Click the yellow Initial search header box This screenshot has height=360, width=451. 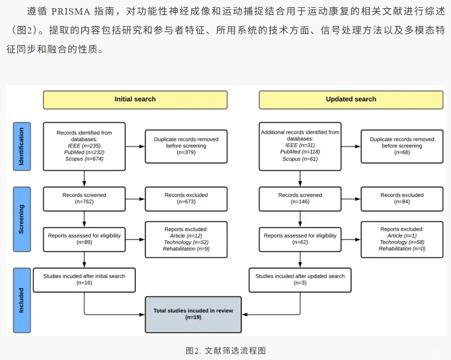[x=135, y=99]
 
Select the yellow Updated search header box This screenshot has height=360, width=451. [x=351, y=99]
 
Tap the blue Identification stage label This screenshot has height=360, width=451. [x=22, y=146]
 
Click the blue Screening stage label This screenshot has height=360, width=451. [x=22, y=219]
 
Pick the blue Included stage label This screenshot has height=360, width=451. [x=22, y=300]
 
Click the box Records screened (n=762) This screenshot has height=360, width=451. [x=84, y=198]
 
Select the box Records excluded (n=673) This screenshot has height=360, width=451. [x=186, y=198]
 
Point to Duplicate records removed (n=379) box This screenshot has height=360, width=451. [x=186, y=146]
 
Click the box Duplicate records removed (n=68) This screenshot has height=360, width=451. [x=402, y=146]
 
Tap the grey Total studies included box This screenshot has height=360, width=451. [x=193, y=314]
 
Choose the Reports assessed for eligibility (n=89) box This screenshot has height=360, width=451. [x=84, y=239]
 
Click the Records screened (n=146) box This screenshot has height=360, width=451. [x=300, y=198]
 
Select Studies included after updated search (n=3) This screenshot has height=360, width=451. [x=300, y=279]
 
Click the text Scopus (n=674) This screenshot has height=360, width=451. [x=84, y=159]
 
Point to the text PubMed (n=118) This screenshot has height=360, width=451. [x=300, y=152]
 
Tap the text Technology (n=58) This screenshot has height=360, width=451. [x=402, y=242]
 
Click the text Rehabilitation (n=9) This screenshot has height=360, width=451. [x=186, y=249]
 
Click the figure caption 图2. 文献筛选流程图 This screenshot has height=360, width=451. [x=225, y=350]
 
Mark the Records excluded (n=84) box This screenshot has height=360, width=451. [x=402, y=198]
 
